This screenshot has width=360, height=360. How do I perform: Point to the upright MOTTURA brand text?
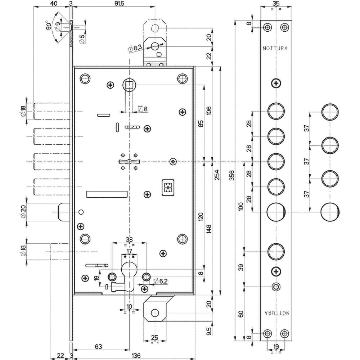[x=275, y=48]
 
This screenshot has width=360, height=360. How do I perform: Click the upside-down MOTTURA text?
[x=275, y=312]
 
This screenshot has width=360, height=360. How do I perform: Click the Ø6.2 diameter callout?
[x=161, y=281]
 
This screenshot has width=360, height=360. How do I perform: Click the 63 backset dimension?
[x=98, y=346]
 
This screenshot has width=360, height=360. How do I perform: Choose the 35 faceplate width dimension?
[x=276, y=4]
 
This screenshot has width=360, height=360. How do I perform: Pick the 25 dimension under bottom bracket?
[x=154, y=337]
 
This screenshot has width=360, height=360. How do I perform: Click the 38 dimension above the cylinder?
[x=129, y=239]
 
